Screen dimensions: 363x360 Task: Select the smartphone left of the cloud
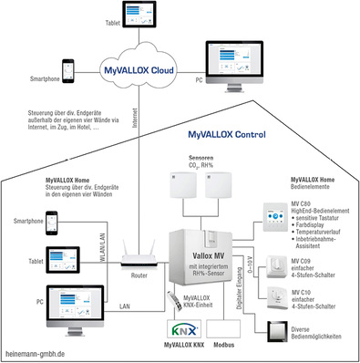68,71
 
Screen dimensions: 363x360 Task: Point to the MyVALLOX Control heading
226,133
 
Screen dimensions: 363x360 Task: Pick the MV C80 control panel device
273,217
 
